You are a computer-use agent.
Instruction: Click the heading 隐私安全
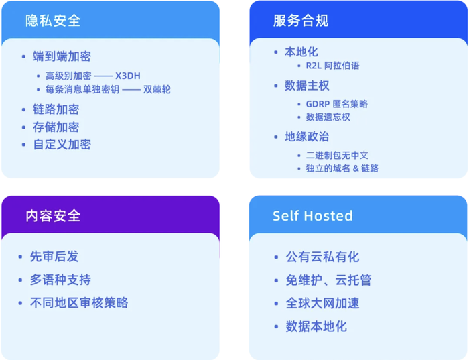(x=53, y=21)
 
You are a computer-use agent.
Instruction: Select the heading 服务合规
(x=301, y=21)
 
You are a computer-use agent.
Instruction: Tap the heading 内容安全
(x=53, y=216)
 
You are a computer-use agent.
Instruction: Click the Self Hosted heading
(x=313, y=215)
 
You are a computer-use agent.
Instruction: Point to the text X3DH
(x=128, y=76)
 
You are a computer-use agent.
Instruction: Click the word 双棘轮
(x=157, y=89)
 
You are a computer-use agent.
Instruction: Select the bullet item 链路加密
(x=56, y=109)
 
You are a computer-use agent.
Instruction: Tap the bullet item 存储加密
(x=56, y=127)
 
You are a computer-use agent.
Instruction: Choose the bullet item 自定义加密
(x=62, y=145)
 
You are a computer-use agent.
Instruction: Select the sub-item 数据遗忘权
(x=328, y=117)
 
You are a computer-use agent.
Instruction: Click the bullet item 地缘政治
(x=307, y=137)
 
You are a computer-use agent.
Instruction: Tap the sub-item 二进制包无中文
(x=337, y=156)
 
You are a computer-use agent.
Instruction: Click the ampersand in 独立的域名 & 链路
(x=356, y=168)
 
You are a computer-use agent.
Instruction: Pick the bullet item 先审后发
(x=54, y=257)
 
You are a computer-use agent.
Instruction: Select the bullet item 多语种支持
(x=60, y=280)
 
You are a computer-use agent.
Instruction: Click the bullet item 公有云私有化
(x=322, y=257)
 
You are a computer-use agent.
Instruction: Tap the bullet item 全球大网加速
(x=322, y=303)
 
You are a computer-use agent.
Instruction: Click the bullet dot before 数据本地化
(x=276, y=326)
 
